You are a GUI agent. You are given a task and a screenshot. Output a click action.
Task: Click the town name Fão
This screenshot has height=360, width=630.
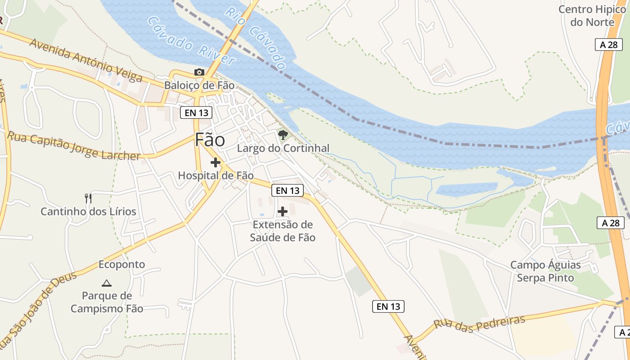coord(210,140)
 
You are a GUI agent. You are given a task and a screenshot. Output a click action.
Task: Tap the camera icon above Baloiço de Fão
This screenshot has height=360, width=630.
coord(199,72)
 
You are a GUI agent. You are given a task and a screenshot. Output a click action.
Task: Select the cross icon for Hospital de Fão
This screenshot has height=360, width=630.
coord(216,162)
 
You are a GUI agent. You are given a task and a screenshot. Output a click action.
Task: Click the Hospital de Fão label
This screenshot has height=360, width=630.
coord(216,175)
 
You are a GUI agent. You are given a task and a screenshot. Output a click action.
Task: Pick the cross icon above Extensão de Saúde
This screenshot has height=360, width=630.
coord(283,211)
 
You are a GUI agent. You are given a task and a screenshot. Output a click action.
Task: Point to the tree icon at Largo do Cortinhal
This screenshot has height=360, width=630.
coord(283,135)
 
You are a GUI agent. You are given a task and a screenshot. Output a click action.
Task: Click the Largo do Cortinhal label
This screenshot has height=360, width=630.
coord(283,148)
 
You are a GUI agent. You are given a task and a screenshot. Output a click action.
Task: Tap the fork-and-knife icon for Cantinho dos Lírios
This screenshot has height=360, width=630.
coord(88,198)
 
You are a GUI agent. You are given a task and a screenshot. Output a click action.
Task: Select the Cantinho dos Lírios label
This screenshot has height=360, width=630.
coord(88,211)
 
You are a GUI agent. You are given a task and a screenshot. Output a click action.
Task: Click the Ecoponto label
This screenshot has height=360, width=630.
coord(121,264)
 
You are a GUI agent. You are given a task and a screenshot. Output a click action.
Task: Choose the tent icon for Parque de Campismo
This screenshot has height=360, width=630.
coord(107,283)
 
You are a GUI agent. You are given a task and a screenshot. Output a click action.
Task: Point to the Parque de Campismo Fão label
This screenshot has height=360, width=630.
coord(107,302)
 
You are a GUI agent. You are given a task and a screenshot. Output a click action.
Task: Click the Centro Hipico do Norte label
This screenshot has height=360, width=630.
coord(592,16)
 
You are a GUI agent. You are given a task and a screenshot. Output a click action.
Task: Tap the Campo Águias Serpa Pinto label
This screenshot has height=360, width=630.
coord(545,271)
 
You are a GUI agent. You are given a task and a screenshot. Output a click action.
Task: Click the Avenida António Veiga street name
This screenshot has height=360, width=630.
coord(86,61)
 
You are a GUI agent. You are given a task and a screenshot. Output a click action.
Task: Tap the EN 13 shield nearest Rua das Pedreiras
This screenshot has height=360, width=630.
coord(388,306)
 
